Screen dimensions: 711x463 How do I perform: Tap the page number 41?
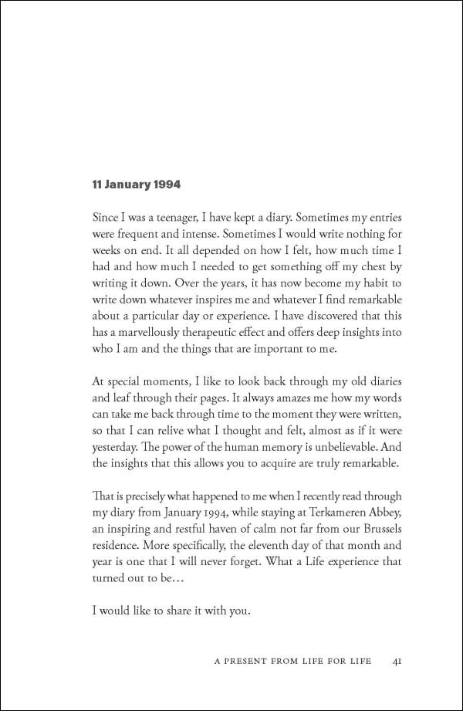397,661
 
